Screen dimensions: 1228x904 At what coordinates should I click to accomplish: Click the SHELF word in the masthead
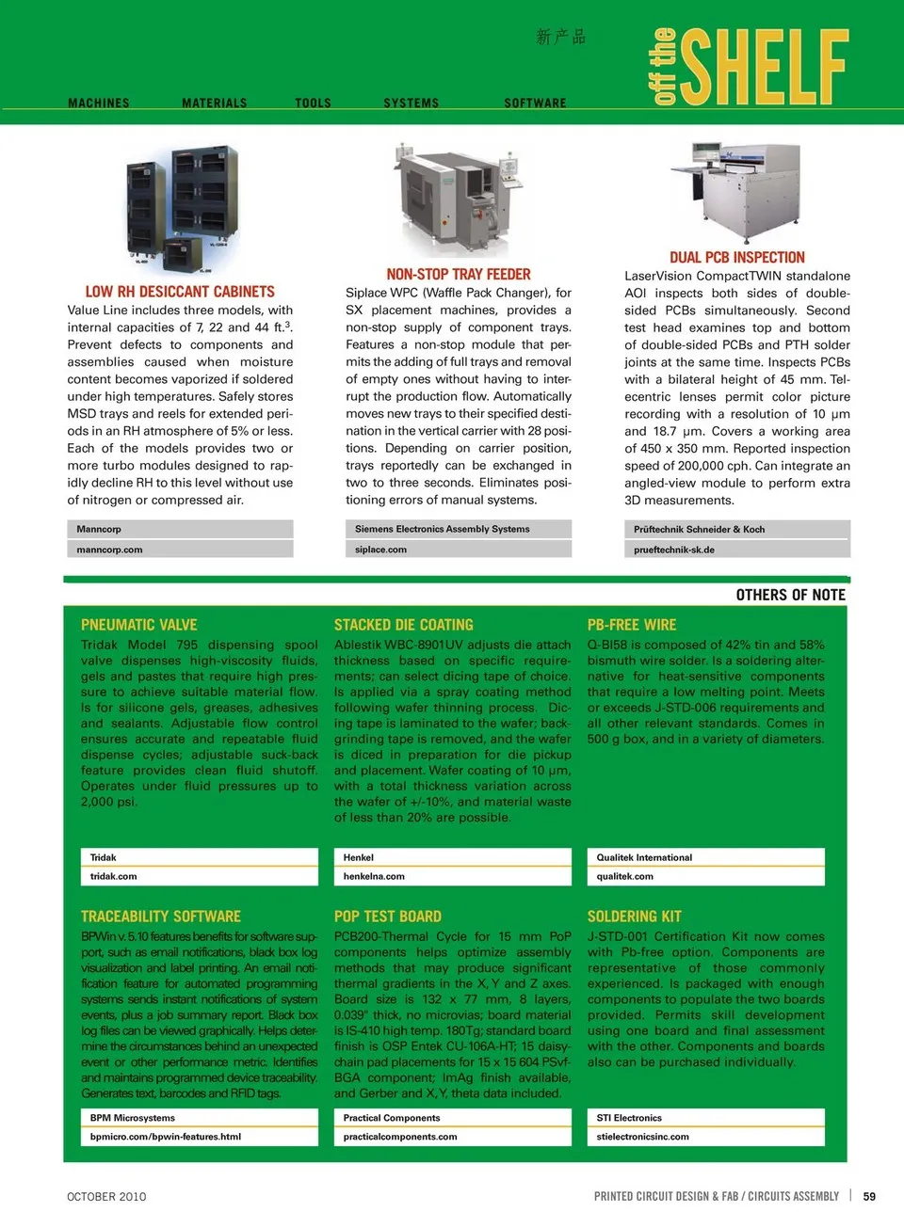(764, 67)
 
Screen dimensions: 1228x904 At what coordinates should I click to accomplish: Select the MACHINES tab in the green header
(99, 104)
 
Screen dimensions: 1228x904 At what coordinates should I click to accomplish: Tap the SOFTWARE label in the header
(535, 104)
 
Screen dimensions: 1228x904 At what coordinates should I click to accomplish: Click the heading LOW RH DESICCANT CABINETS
(180, 292)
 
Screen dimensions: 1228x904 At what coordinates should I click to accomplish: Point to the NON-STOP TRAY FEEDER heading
(459, 274)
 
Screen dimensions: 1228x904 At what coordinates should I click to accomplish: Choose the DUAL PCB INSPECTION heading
(737, 257)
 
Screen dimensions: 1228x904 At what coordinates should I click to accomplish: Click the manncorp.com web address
(109, 550)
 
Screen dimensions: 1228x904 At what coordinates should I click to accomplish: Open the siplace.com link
(380, 550)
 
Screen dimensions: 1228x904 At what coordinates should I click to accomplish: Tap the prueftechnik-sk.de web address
(674, 550)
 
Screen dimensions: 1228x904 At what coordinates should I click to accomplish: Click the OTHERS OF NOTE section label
(790, 595)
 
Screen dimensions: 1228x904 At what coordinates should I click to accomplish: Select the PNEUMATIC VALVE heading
(139, 625)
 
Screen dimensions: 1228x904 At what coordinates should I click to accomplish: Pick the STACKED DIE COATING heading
(404, 625)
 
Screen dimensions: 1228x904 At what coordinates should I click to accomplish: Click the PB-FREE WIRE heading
(632, 625)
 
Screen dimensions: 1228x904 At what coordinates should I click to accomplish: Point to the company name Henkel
(359, 857)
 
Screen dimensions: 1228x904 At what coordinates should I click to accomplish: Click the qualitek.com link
(624, 876)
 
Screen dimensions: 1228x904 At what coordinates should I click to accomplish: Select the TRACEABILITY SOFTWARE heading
(161, 917)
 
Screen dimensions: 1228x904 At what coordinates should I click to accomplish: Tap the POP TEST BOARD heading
(388, 917)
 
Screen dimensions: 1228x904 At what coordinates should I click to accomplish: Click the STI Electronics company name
(629, 1118)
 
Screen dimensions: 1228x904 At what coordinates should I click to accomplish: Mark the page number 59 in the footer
(869, 1197)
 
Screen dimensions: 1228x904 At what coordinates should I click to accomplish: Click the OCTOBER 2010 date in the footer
(106, 1197)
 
